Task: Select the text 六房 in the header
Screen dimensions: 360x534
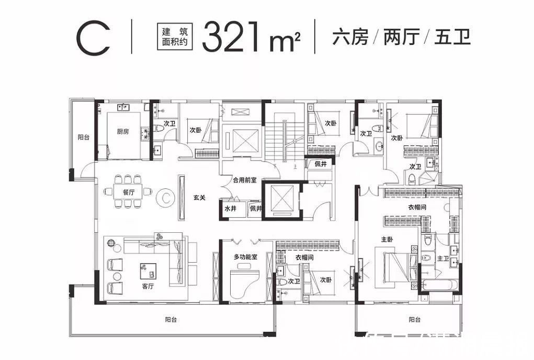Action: pyautogui.click(x=350, y=38)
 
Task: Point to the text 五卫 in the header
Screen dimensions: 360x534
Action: pyautogui.click(x=452, y=38)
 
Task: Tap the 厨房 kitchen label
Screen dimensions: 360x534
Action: pyautogui.click(x=123, y=132)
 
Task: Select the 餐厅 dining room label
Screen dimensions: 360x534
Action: pyautogui.click(x=129, y=192)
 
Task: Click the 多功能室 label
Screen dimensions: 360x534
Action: pyautogui.click(x=245, y=257)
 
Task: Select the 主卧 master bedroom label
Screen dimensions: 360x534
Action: pyautogui.click(x=387, y=239)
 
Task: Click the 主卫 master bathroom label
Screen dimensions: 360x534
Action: pyautogui.click(x=442, y=258)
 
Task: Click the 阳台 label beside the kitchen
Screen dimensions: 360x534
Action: pyautogui.click(x=83, y=137)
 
